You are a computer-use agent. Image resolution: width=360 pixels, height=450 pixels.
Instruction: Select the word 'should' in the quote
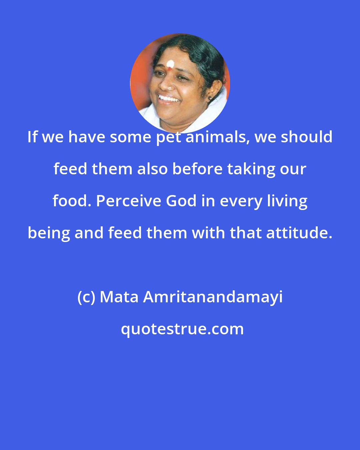click(x=306, y=137)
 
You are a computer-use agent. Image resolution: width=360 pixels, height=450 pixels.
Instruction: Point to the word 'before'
click(x=198, y=169)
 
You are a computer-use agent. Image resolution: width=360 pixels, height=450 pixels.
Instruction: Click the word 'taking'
click(x=251, y=169)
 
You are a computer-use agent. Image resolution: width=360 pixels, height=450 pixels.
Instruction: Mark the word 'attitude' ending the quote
click(x=299, y=233)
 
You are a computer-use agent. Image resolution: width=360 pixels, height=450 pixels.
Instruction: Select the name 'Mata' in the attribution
click(x=119, y=297)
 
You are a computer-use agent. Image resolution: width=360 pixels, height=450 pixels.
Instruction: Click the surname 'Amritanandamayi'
click(x=213, y=297)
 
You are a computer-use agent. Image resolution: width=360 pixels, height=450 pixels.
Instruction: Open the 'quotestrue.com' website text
click(x=182, y=329)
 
